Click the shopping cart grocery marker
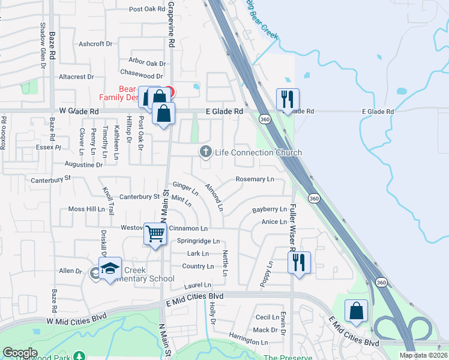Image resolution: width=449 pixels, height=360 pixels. coord(155,233)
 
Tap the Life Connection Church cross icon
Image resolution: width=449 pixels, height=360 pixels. coord(206,152)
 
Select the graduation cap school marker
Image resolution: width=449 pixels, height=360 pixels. coord(110,269)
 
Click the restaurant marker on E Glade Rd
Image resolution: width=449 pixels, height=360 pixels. coord(287,100)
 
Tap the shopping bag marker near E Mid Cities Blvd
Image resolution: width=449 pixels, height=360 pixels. coord(356,311)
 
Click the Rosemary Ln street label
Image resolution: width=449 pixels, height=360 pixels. coord(255,179)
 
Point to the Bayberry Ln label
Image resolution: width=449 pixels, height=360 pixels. coord(270,209)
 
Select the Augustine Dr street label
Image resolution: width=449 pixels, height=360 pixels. coord(83,164)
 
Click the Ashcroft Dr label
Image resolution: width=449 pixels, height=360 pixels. coord(96,44)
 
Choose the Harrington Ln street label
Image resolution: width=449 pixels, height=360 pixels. coord(248,342)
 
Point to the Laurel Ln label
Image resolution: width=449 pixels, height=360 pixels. coord(197,285)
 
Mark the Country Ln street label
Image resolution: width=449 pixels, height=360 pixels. coord(197,266)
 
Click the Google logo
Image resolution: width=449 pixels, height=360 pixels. coord(19,353)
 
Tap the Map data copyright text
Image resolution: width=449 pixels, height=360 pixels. coord(423,355)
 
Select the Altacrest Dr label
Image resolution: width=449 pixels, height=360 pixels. coord(76,77)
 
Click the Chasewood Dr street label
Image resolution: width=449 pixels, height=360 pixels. coord(142,76)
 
